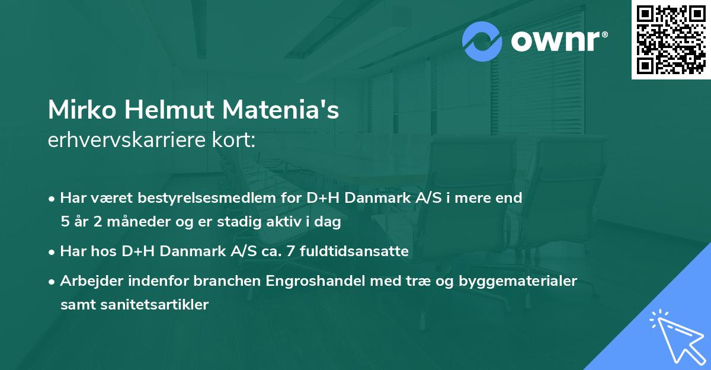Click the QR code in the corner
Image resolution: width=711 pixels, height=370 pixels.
click(x=671, y=39)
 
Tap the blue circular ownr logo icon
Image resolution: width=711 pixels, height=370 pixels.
click(x=482, y=42)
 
